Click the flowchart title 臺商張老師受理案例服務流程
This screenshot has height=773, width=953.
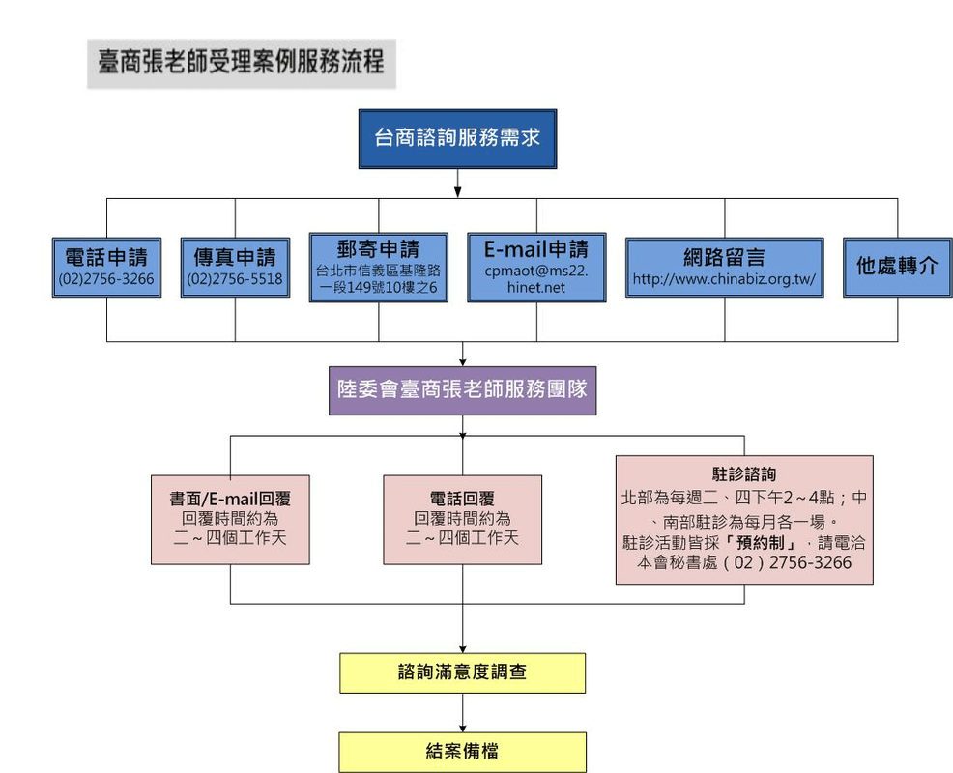coord(241,63)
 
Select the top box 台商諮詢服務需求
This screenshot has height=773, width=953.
coord(457,138)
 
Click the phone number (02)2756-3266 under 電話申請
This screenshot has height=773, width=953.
coord(106,279)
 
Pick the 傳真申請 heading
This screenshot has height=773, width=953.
coord(235,257)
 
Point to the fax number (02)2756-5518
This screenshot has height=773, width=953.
coord(235,279)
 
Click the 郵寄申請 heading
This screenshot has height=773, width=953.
coord(379,247)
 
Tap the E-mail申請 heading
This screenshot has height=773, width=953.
coord(536,248)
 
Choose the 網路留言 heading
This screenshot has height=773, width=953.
coord(724,257)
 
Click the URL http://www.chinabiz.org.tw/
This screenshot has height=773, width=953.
coord(724,280)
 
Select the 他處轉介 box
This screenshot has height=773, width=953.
coord(897,266)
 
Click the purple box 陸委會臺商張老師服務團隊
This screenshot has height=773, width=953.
coord(462,390)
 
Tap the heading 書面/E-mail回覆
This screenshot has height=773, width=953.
coord(230,499)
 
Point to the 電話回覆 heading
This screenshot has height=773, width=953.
coord(462,499)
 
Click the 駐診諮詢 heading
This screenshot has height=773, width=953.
coord(743,474)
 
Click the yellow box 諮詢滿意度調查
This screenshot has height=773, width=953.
coord(462,673)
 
